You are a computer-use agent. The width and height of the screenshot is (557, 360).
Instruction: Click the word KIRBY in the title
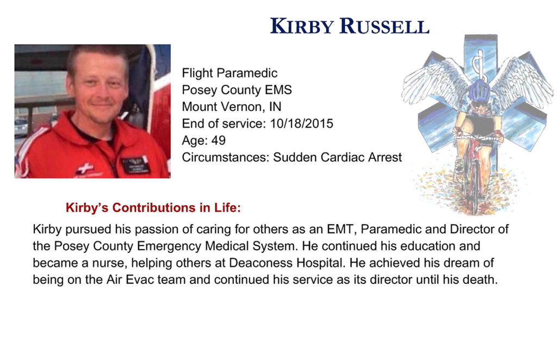pyautogui.click(x=302, y=26)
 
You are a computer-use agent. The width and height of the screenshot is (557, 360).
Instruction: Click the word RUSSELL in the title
pyautogui.click(x=385, y=26)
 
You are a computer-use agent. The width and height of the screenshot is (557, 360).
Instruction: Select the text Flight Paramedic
pyautogui.click(x=230, y=73)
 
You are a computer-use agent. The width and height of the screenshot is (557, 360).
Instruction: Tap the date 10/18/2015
pyautogui.click(x=301, y=123)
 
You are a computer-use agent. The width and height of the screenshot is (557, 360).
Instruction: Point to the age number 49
pyautogui.click(x=219, y=141)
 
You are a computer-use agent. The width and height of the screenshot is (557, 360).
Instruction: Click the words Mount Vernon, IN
pyautogui.click(x=232, y=107)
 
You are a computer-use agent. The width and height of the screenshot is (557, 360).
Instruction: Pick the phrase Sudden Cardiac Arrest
pyautogui.click(x=337, y=157)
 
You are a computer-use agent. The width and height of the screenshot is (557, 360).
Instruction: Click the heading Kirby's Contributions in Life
pyautogui.click(x=153, y=208)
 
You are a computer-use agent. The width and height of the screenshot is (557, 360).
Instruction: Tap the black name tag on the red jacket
pyautogui.click(x=135, y=164)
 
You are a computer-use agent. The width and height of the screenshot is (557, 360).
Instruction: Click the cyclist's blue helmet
pyautogui.click(x=479, y=90)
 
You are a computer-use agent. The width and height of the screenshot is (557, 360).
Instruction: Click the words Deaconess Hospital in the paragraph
pyautogui.click(x=286, y=263)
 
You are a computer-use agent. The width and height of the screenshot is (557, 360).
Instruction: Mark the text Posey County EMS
pyautogui.click(x=237, y=90)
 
